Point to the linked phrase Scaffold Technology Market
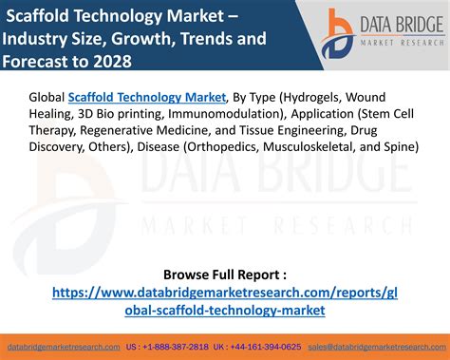[149, 96]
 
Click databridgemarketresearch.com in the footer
[63, 348]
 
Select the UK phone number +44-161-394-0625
[267, 348]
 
